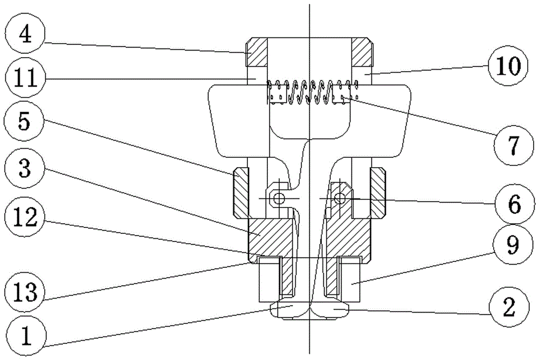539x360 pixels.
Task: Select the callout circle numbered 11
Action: (x=24, y=79)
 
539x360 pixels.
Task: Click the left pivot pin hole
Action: (x=278, y=199)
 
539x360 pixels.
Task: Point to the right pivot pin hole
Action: (x=338, y=199)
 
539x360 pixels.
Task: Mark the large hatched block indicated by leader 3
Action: (x=269, y=236)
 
